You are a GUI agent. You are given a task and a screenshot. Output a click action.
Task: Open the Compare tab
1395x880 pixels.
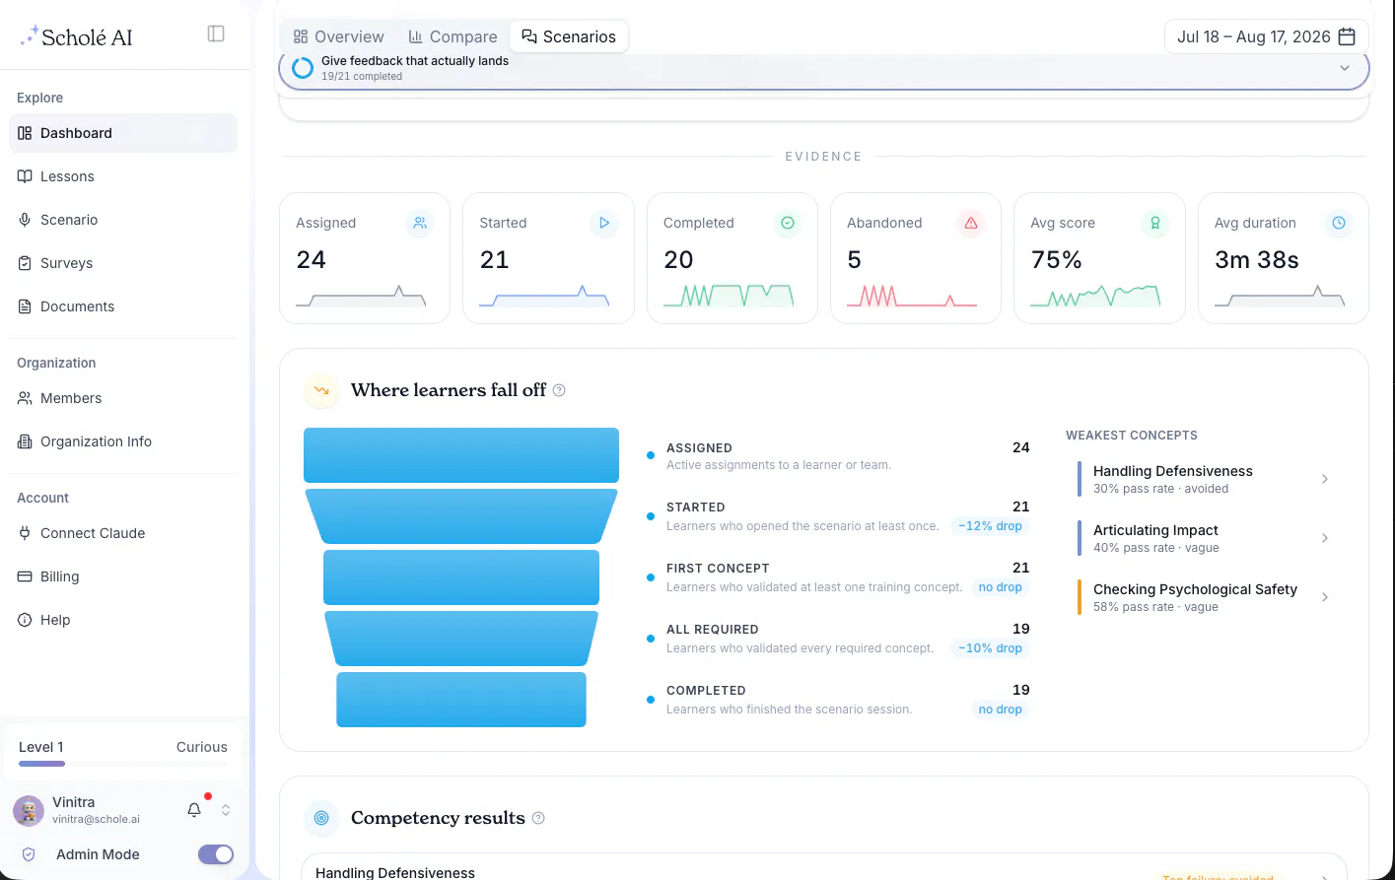coord(453,36)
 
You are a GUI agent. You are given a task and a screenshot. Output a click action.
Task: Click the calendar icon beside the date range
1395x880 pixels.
coord(1347,36)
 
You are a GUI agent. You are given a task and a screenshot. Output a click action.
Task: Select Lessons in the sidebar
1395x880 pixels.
coord(67,176)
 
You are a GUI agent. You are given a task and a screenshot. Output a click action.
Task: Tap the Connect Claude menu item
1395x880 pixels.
coord(92,533)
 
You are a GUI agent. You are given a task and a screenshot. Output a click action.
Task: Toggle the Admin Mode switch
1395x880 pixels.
coord(216,854)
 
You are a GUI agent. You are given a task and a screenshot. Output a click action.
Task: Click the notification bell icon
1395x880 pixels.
coord(194,810)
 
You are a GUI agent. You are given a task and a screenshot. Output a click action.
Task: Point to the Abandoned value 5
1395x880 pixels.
coord(854,259)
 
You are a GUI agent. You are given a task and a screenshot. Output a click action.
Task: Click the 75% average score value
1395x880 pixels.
coord(1056,259)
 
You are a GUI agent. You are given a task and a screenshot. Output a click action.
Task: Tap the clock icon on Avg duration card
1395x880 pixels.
coord(1339,223)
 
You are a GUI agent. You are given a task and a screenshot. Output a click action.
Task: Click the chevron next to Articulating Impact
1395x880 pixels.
coord(1325,538)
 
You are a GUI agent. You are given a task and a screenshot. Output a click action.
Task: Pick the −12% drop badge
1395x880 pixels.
coord(990,526)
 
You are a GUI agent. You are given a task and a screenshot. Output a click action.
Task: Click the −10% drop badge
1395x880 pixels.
coord(990,647)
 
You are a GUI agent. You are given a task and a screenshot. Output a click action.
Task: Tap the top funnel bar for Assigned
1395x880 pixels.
coord(460,455)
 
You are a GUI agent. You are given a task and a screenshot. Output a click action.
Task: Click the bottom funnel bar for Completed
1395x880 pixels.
coord(460,700)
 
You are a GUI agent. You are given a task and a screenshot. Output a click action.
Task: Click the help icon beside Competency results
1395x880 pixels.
coord(538,818)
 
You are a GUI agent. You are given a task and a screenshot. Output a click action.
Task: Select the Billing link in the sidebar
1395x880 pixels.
coord(60,576)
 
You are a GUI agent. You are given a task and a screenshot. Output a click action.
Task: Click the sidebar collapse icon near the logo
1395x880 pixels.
coord(216,34)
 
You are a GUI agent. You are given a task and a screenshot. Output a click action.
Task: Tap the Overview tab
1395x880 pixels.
coord(339,36)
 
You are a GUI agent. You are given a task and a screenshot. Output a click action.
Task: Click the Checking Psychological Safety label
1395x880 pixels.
coord(1195,589)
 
